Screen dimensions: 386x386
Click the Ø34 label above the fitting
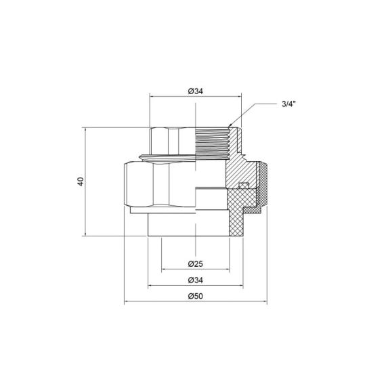[x=194, y=91]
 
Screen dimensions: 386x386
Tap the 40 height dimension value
[x=81, y=181]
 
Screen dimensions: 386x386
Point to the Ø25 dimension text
[x=194, y=263]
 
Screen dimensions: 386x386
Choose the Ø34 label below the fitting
[x=194, y=280]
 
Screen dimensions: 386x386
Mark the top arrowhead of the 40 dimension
[x=86, y=129]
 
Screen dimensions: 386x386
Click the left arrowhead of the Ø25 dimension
[x=163, y=269]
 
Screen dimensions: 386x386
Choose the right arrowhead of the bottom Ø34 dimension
[x=240, y=286]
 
